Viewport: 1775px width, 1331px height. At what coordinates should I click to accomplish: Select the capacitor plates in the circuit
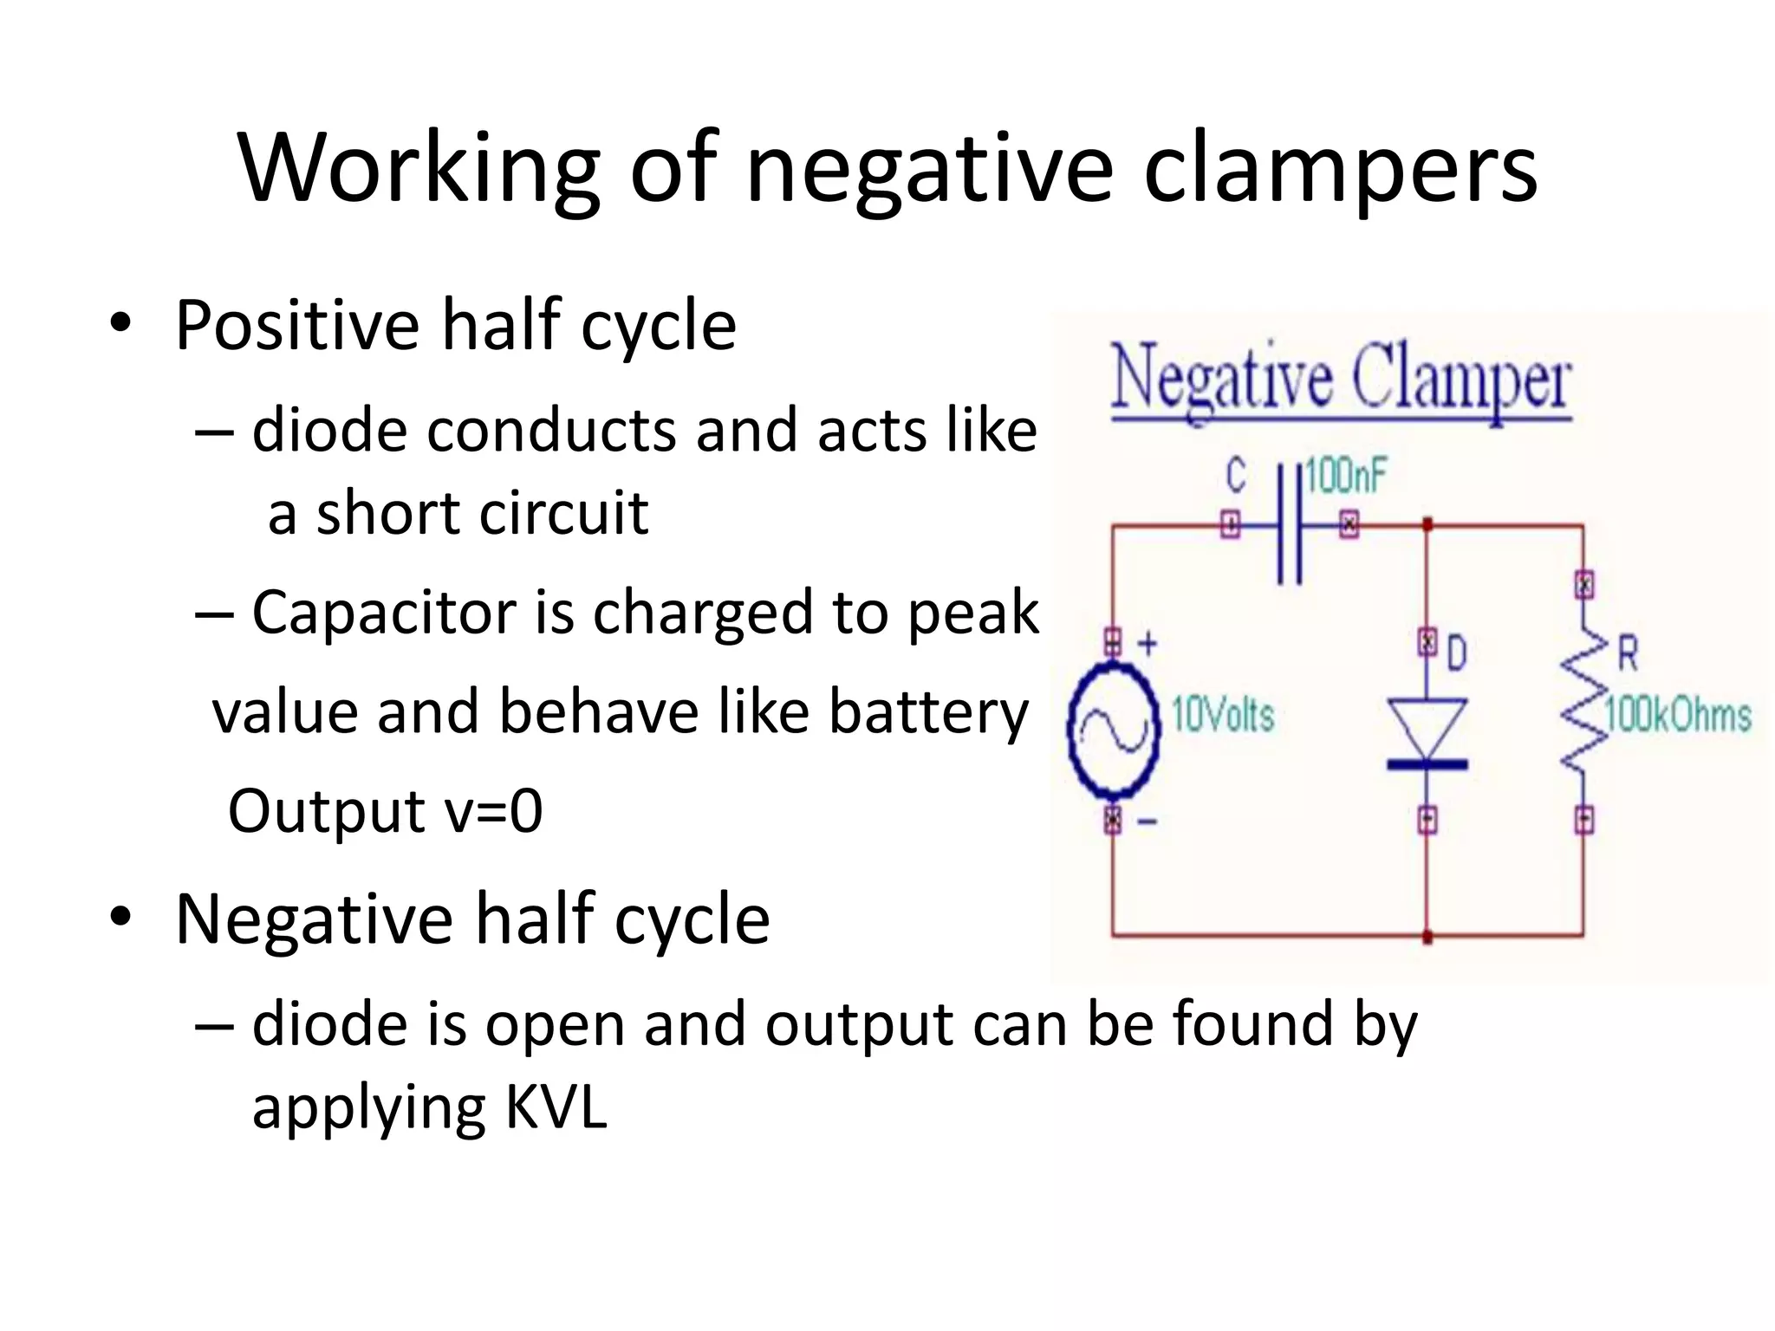point(1290,524)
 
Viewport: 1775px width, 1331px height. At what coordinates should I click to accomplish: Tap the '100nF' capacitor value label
point(1346,477)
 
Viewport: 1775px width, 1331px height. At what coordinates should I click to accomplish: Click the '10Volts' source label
point(1223,716)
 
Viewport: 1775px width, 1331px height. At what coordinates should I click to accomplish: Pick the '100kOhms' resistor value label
point(1678,716)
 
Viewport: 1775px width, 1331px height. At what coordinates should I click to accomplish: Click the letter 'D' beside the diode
point(1457,653)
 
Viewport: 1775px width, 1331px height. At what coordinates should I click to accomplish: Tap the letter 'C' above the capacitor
point(1236,476)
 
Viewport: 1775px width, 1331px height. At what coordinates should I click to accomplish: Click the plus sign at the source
point(1147,644)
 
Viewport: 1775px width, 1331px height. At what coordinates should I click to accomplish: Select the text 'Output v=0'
point(385,811)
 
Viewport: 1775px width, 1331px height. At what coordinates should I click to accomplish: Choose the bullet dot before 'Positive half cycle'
point(120,323)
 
